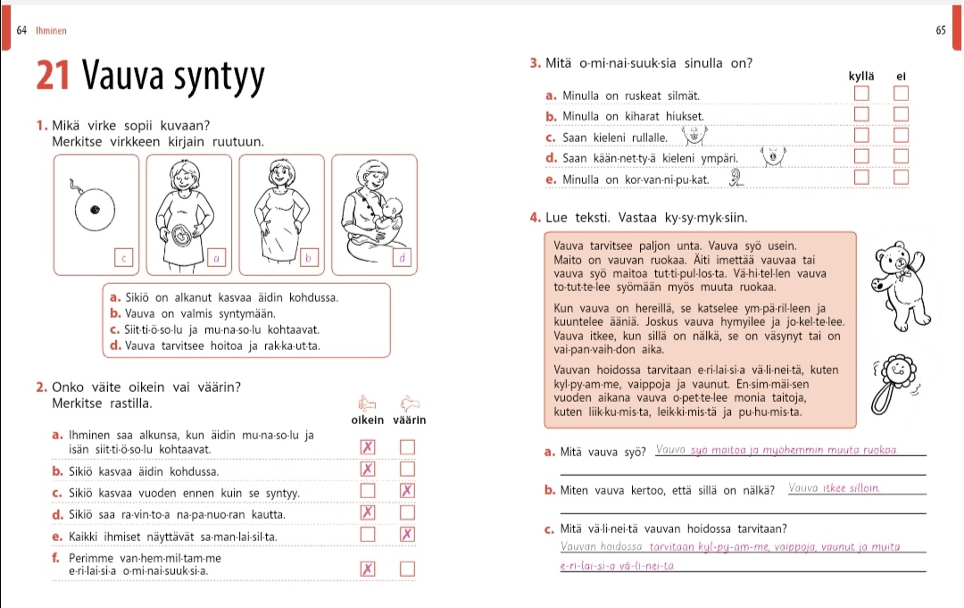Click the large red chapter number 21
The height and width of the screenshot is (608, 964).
[54, 78]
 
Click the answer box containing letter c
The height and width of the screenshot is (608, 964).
[124, 258]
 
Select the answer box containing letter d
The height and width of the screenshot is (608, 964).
[403, 258]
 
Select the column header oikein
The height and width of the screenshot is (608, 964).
[368, 421]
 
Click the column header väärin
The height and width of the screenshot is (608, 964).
[409, 421]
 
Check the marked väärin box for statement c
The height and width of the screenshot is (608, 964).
[408, 490]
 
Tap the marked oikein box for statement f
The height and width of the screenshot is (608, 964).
[367, 569]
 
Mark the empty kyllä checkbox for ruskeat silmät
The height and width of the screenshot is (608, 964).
[860, 94]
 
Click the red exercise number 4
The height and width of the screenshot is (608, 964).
[533, 218]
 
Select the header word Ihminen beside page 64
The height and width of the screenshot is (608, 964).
[52, 30]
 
